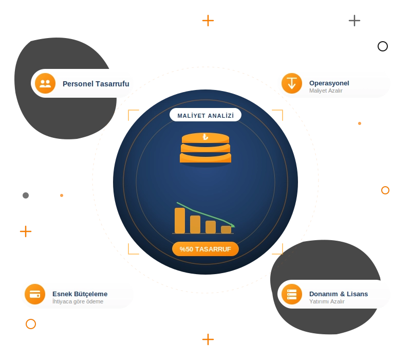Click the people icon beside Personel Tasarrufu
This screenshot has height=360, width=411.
[x=45, y=83]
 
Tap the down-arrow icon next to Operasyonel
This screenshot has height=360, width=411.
[x=292, y=83]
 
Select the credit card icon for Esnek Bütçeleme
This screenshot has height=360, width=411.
[x=35, y=294]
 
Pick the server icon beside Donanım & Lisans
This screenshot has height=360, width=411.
[x=292, y=294]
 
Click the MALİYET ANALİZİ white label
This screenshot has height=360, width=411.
[x=206, y=115]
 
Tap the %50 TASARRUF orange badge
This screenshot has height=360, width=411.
[x=206, y=249]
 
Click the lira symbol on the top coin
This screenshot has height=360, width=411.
[x=206, y=137]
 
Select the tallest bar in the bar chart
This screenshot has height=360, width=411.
[x=180, y=221]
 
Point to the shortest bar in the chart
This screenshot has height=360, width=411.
[x=226, y=229]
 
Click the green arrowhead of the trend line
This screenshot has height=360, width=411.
[x=233, y=225]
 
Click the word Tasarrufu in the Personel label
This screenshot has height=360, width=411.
[x=113, y=84]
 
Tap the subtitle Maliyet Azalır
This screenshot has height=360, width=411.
[x=326, y=91]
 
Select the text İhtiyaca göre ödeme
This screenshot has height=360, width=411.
[x=78, y=301]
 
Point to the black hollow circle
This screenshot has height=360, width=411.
[x=383, y=46]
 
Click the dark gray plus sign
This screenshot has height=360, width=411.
[x=354, y=21]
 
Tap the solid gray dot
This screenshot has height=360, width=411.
[x=26, y=195]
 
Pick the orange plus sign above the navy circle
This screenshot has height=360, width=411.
[x=208, y=21]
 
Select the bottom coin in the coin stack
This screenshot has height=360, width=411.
[x=206, y=158]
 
